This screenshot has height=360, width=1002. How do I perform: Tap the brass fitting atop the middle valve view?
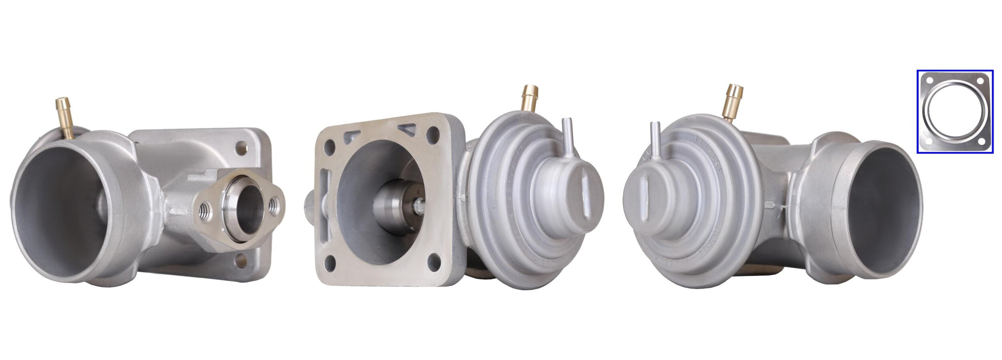click(x=530, y=99)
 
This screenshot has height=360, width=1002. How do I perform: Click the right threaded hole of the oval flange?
click(x=274, y=205)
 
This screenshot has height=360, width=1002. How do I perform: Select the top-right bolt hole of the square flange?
click(x=433, y=135)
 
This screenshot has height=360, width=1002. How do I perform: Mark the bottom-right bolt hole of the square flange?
click(x=434, y=262)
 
